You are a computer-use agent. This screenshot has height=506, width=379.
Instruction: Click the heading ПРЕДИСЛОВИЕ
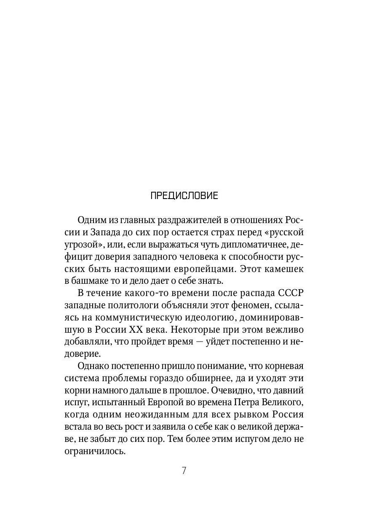[184, 196]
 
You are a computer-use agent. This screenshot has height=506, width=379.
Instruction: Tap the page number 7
[184, 471]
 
